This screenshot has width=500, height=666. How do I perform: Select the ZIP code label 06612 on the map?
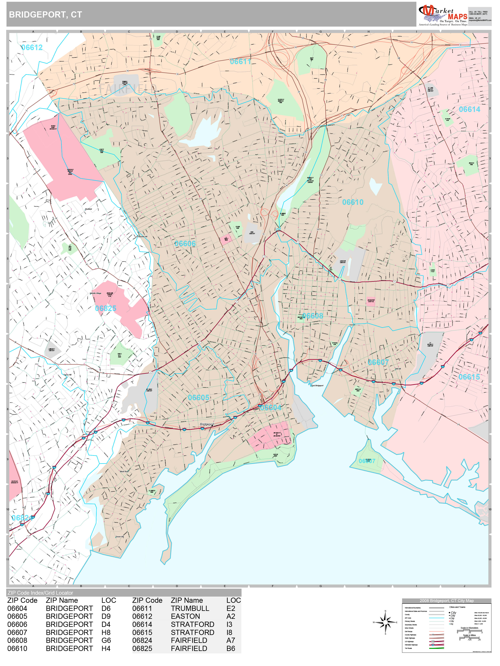coord(32,48)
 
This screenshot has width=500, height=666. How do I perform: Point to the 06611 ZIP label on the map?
coord(240,62)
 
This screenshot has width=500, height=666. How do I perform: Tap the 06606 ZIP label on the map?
coord(185,244)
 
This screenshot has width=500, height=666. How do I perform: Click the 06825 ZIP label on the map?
coord(106,308)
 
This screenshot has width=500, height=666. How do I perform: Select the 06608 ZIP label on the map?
coord(312,316)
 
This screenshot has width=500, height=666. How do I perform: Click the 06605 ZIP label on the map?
coord(198,398)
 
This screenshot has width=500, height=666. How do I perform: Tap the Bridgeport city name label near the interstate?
coord(207,424)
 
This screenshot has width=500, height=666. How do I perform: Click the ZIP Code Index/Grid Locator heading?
coord(40,593)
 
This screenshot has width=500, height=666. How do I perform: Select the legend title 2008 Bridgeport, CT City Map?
coord(446,601)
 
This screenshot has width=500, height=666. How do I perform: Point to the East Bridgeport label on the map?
coord(317,386)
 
